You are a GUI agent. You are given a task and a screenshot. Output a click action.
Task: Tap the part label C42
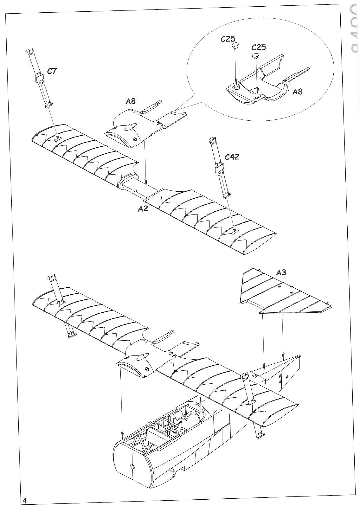[232, 157]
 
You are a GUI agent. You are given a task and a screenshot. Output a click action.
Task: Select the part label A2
[143, 209]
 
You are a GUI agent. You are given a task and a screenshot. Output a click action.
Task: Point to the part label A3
[281, 272]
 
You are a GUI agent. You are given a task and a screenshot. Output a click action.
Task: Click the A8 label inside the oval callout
[297, 92]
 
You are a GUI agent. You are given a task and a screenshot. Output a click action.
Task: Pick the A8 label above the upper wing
[130, 101]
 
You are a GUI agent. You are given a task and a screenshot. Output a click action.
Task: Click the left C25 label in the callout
[228, 39]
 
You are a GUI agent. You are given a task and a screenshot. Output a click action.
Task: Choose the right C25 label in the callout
[259, 47]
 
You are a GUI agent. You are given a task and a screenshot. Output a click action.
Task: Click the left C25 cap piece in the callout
[235, 46]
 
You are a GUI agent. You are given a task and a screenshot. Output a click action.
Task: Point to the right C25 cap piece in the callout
[256, 56]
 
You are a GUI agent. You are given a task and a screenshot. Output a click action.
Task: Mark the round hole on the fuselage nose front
[132, 466]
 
